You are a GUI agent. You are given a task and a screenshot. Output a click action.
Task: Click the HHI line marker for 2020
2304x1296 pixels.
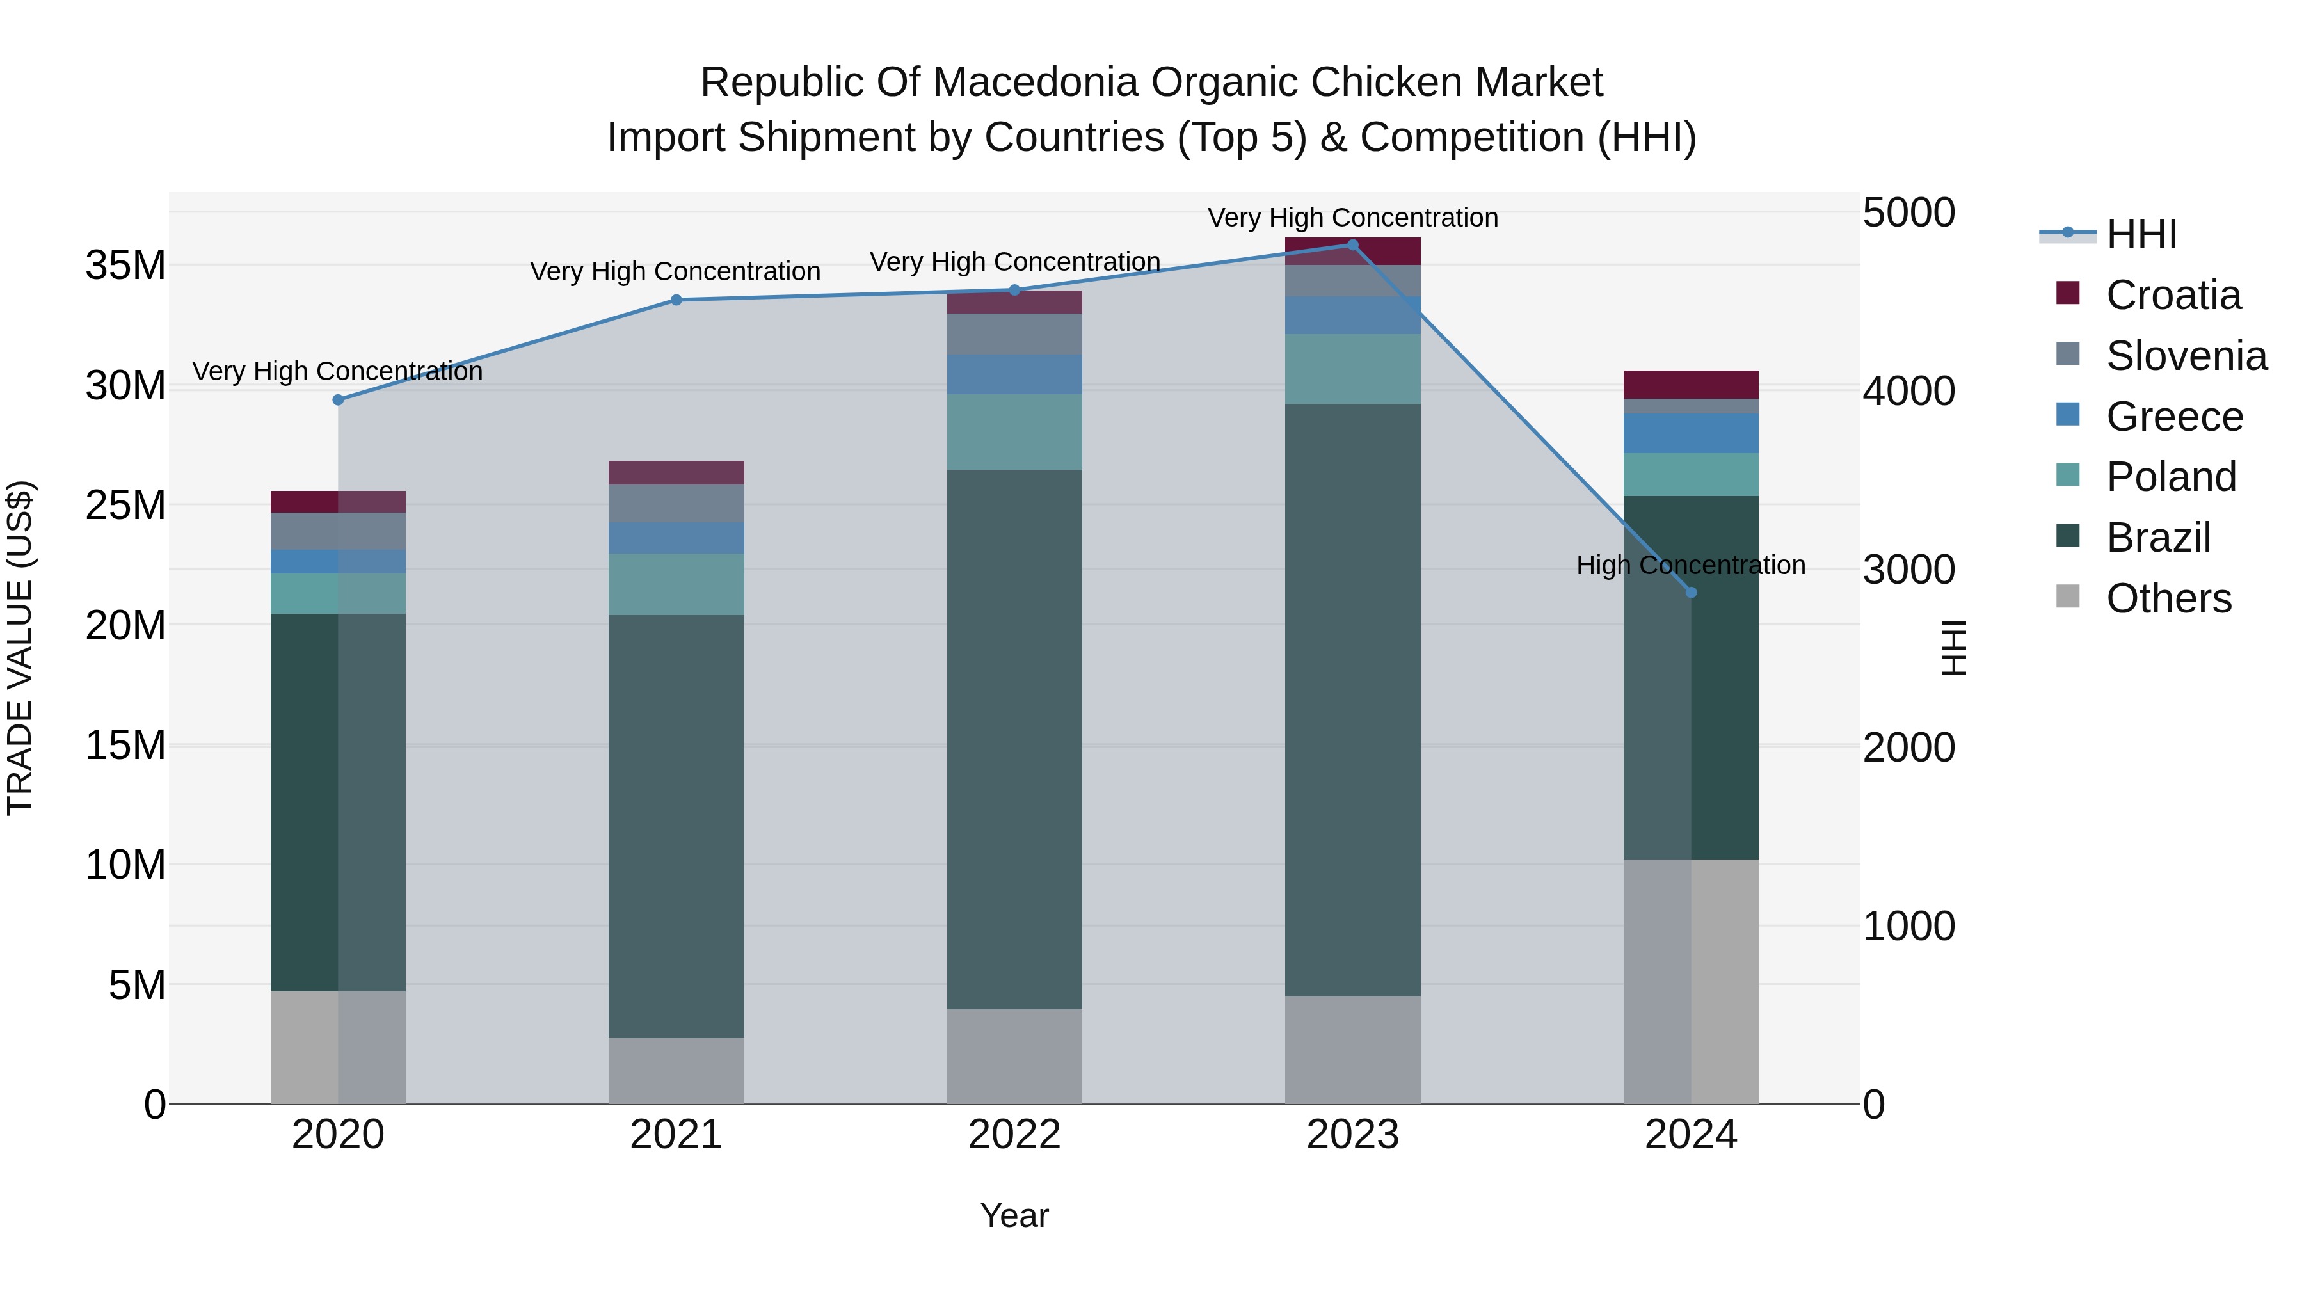pyautogui.click(x=338, y=400)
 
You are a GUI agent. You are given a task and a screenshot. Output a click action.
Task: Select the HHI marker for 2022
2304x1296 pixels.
pyautogui.click(x=1014, y=290)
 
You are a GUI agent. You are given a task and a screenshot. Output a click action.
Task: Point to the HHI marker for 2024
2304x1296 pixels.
pyautogui.click(x=1690, y=592)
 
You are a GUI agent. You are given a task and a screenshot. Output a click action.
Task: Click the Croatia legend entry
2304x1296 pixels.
pyautogui.click(x=2173, y=295)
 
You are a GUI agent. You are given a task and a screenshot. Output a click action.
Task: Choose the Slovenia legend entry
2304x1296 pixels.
pyautogui.click(x=2186, y=356)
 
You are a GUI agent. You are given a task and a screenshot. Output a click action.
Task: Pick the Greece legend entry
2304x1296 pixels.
pyautogui.click(x=2174, y=417)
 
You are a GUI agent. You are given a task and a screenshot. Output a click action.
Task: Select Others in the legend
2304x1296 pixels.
pyautogui.click(x=2168, y=598)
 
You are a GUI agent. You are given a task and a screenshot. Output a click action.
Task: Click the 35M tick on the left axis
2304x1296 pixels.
pyautogui.click(x=125, y=266)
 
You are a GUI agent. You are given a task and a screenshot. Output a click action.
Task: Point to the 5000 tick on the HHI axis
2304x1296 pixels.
pyautogui.click(x=1908, y=213)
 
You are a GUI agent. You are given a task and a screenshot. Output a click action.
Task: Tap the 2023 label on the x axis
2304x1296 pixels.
pyautogui.click(x=1352, y=1135)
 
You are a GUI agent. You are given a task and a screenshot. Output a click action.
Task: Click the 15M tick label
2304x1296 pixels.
pyautogui.click(x=125, y=745)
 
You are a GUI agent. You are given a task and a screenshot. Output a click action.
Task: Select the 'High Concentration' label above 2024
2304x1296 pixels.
pyautogui.click(x=1690, y=565)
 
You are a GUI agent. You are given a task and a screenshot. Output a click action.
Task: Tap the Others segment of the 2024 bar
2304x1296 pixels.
pyautogui.click(x=1690, y=981)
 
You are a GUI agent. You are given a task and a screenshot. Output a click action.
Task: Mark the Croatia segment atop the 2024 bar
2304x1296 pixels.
pyautogui.click(x=1690, y=385)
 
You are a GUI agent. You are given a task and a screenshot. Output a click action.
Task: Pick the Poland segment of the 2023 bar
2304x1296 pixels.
pyautogui.click(x=1352, y=369)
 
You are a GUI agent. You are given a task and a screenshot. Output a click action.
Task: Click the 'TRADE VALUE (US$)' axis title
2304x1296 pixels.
pyautogui.click(x=20, y=648)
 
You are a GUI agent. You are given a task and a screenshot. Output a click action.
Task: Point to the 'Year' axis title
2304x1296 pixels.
pyautogui.click(x=1014, y=1215)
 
